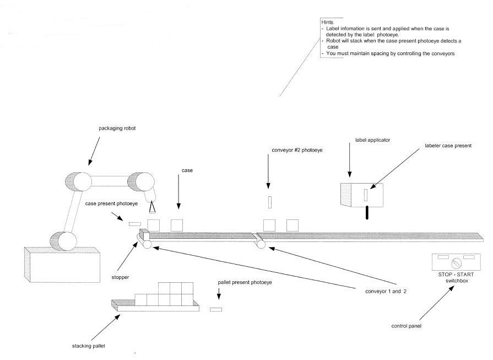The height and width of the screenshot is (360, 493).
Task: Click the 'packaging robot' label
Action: tap(117, 128)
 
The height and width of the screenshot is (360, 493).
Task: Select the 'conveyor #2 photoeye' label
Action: tap(297, 149)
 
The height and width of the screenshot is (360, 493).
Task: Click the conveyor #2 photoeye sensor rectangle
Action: tap(269, 202)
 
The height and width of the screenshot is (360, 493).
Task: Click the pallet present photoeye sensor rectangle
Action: tap(216, 309)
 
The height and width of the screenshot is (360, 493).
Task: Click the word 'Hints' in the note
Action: tap(327, 22)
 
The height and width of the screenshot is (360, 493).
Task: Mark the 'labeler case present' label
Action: tap(448, 146)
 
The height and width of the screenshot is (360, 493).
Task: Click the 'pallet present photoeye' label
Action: tap(245, 282)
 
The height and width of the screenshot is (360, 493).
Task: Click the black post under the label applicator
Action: tap(366, 213)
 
